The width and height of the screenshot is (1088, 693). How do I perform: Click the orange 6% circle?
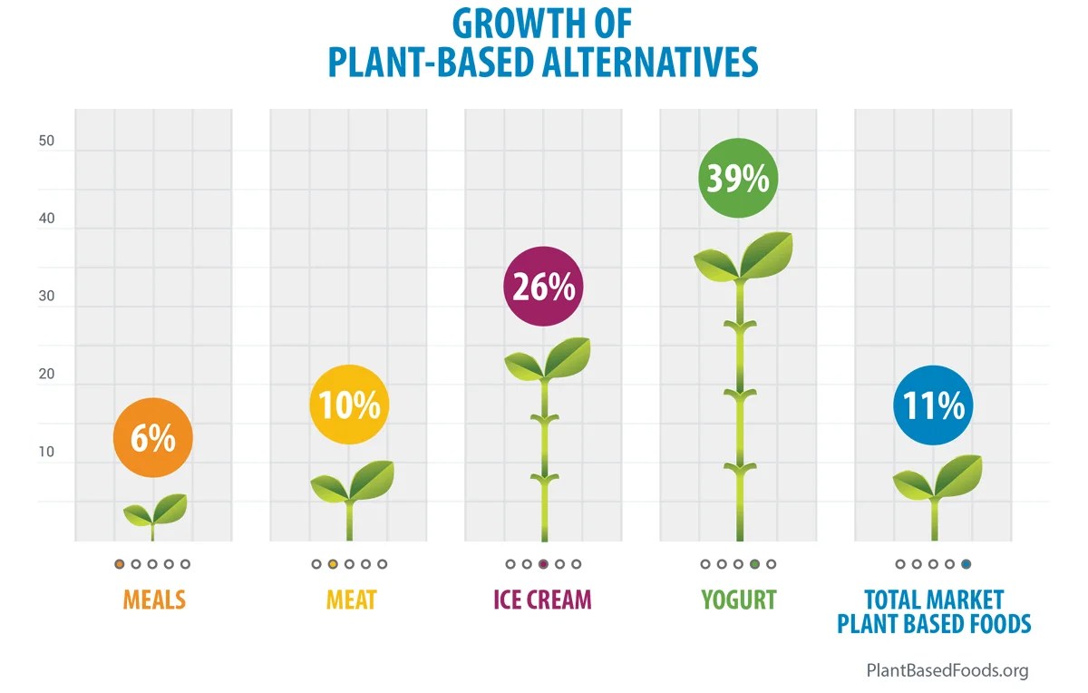pos(152,438)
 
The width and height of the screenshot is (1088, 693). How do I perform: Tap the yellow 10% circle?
pos(349,405)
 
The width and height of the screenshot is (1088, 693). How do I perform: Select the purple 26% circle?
pos(543,287)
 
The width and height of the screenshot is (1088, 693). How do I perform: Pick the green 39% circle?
pos(738,178)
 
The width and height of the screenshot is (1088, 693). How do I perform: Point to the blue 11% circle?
pos(933,405)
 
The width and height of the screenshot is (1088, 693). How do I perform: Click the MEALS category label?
pos(154,600)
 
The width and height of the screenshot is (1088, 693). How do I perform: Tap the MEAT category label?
pos(351,600)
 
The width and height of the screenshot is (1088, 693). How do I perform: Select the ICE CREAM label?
pos(542,600)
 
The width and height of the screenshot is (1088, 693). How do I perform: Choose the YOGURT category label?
pos(738,600)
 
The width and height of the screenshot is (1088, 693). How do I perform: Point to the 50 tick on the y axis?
pos(47,142)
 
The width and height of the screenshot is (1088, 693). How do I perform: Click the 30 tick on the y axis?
pos(47,297)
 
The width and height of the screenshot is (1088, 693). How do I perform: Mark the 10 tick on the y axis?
pos(47,452)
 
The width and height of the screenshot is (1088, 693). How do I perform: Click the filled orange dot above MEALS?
pos(120,564)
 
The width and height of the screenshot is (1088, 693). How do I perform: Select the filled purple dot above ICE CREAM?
pos(543,564)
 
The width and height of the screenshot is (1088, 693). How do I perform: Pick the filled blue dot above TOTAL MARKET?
pos(966,564)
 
